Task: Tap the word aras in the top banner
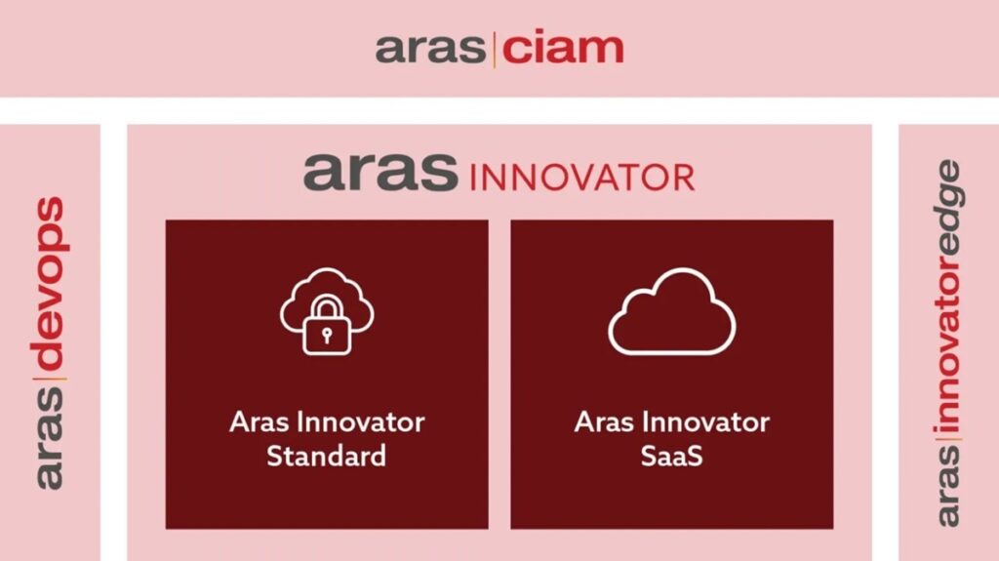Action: pyautogui.click(x=432, y=48)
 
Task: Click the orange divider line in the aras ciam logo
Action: pyautogui.click(x=495, y=49)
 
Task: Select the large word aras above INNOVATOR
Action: pyautogui.click(x=380, y=172)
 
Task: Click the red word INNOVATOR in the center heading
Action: pyautogui.click(x=581, y=178)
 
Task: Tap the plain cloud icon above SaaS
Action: pyautogui.click(x=672, y=311)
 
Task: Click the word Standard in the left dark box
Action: pyautogui.click(x=327, y=456)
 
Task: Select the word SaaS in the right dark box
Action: pyautogui.click(x=672, y=456)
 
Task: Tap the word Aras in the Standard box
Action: pyautogui.click(x=258, y=422)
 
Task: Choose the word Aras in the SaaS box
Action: pyautogui.click(x=603, y=422)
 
